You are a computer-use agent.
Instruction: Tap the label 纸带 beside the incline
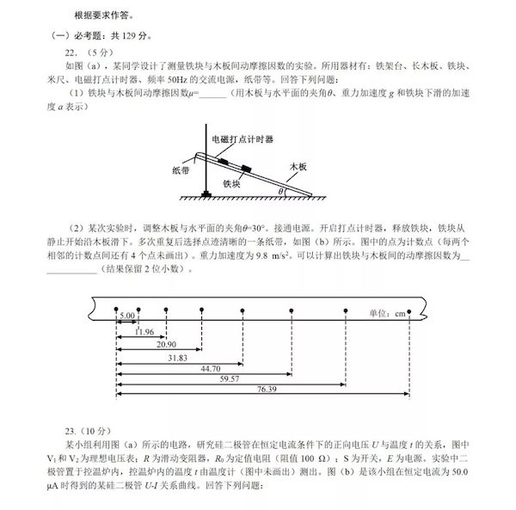pos(180,169)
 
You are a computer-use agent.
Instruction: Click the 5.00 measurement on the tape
pos(127,316)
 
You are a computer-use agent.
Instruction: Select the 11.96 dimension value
pos(144,331)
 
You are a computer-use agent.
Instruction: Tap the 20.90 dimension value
pos(166,344)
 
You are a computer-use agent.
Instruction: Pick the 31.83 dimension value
pos(176,357)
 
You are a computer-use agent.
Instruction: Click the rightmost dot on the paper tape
pos(409,309)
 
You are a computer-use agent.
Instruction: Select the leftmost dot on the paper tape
pos(116,309)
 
